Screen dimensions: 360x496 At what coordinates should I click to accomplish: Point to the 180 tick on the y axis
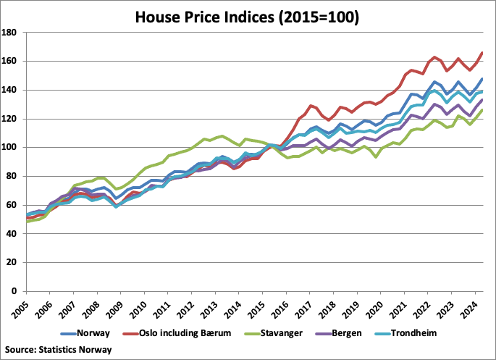click(14, 33)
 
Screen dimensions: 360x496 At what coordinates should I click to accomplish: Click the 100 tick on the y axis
click(14, 148)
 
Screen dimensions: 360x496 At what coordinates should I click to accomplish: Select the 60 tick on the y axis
click(16, 205)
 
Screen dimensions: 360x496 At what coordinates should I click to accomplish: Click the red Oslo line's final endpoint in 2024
click(482, 53)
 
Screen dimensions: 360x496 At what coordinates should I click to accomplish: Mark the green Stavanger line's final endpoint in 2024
click(482, 110)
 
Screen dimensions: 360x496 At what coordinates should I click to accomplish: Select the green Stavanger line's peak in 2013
click(222, 136)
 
